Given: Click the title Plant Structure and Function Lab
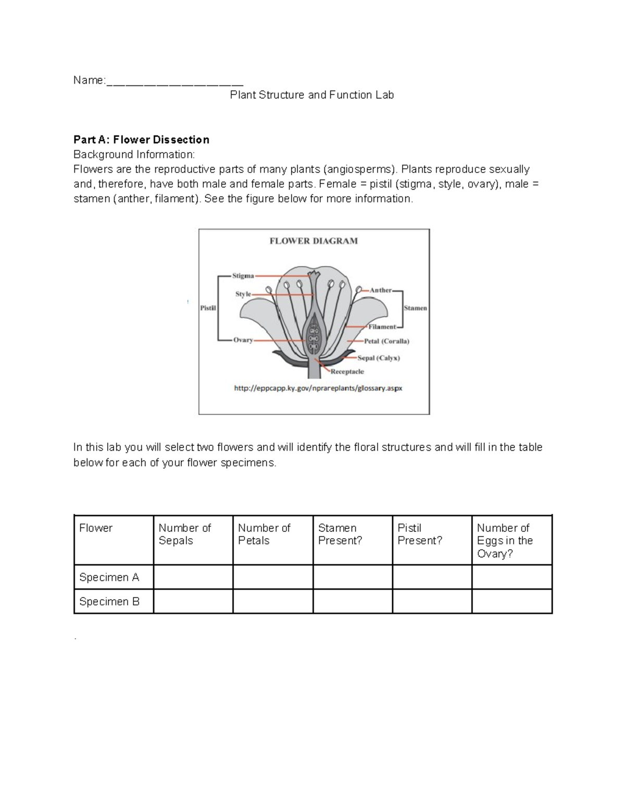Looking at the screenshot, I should [312, 95].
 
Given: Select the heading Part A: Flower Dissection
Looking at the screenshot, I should [141, 140].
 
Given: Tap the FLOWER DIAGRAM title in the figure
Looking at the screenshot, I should [314, 241].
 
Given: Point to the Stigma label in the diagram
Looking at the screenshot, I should [243, 276].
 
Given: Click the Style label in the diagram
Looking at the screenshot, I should [243, 294].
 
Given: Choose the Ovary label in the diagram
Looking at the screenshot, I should [243, 340].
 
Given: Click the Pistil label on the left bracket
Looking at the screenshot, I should [208, 308].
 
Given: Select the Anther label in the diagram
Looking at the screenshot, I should [380, 290].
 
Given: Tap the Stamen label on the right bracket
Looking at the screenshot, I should [415, 308].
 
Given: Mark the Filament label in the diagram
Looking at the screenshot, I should [382, 327].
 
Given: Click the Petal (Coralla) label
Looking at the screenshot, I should [386, 341].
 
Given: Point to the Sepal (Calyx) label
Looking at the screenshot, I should [379, 358].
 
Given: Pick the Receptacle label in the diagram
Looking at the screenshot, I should [347, 371].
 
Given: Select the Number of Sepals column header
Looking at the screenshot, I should [185, 534].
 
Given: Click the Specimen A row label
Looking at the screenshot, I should [109, 577].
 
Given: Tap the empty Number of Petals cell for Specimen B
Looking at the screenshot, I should [272, 602].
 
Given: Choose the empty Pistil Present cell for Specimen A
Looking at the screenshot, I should [432, 577].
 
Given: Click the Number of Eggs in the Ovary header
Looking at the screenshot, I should [505, 540].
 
